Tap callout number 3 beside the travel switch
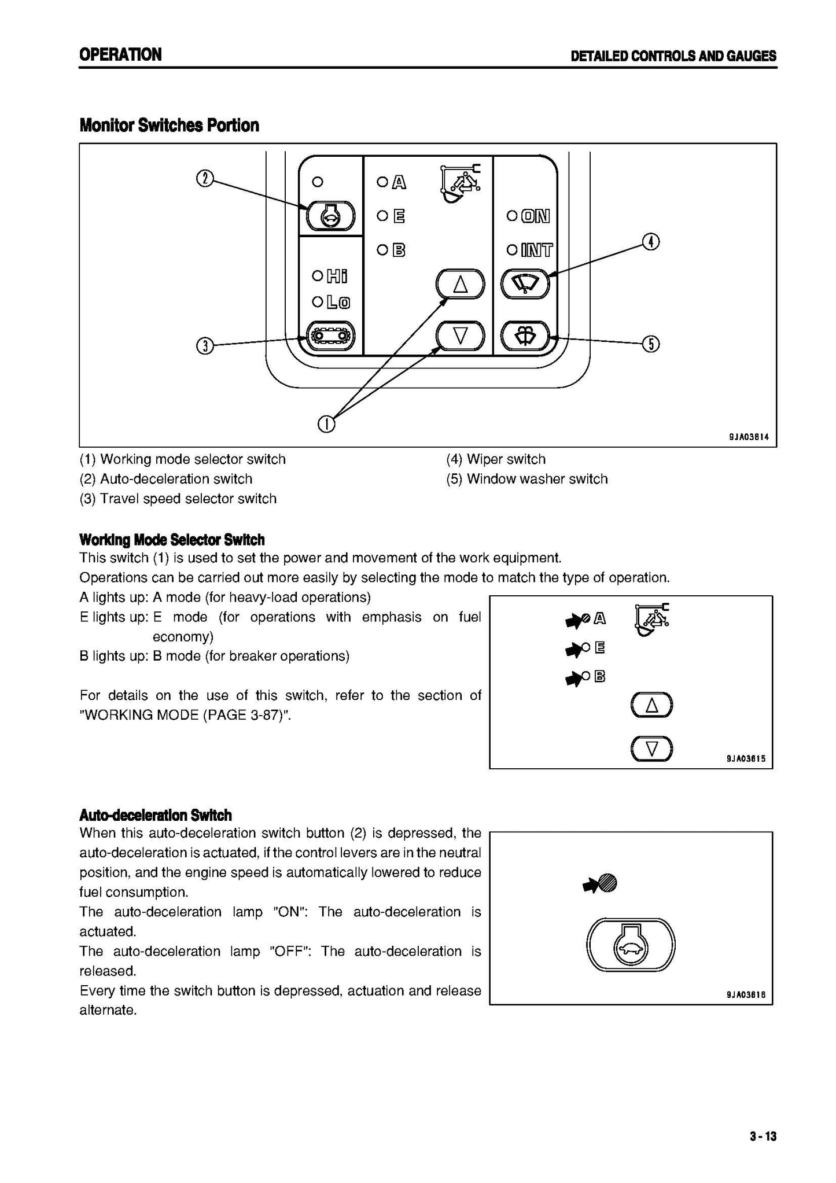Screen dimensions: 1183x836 (205, 346)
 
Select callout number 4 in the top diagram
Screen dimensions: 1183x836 (651, 242)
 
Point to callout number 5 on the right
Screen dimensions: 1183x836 (651, 344)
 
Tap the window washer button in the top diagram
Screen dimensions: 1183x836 (525, 336)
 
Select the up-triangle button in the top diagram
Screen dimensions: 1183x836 (460, 284)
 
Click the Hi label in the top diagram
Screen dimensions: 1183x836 (337, 277)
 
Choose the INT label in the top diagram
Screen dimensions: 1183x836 (536, 250)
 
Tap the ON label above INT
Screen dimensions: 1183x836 (535, 216)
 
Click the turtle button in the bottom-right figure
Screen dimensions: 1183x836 (631, 946)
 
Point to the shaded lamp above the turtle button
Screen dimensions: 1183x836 (608, 883)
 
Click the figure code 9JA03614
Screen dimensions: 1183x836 (749, 437)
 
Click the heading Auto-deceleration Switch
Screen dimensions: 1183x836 (155, 815)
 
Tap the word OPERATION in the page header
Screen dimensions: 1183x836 (120, 55)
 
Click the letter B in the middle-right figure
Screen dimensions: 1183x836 (599, 676)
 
